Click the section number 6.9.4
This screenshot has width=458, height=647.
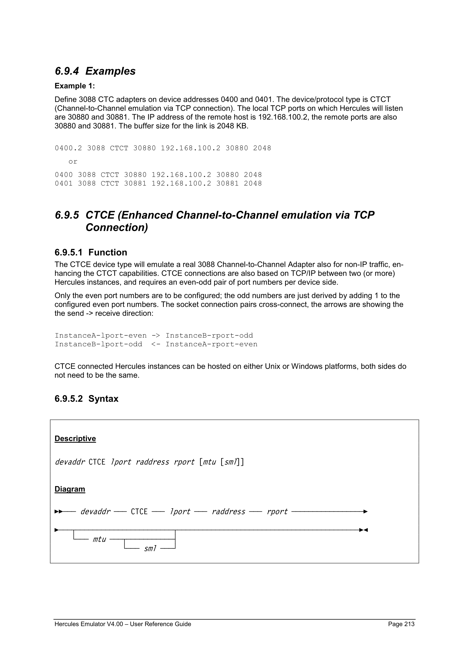[67, 71]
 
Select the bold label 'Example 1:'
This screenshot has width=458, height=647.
[75, 86]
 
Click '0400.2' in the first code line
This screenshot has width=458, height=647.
[68, 148]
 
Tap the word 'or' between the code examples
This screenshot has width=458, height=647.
[73, 162]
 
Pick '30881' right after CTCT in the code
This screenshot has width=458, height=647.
[135, 183]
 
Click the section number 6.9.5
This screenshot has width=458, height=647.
[67, 215]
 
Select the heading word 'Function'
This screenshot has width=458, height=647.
[108, 252]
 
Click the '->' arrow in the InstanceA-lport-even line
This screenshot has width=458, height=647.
[156, 336]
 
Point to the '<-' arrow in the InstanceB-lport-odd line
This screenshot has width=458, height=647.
[156, 344]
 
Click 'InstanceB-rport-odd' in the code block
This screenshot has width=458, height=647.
[209, 336]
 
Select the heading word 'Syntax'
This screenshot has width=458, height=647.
[103, 399]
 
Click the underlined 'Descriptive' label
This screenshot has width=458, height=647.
[75, 439]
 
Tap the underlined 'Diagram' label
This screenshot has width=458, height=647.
[70, 489]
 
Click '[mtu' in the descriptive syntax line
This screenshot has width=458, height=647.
[208, 462]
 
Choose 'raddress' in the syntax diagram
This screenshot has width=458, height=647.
[228, 511]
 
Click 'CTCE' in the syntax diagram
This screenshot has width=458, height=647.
[139, 511]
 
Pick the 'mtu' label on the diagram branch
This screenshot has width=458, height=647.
[99, 539]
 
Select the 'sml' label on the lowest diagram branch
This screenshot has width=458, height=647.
[150, 548]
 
